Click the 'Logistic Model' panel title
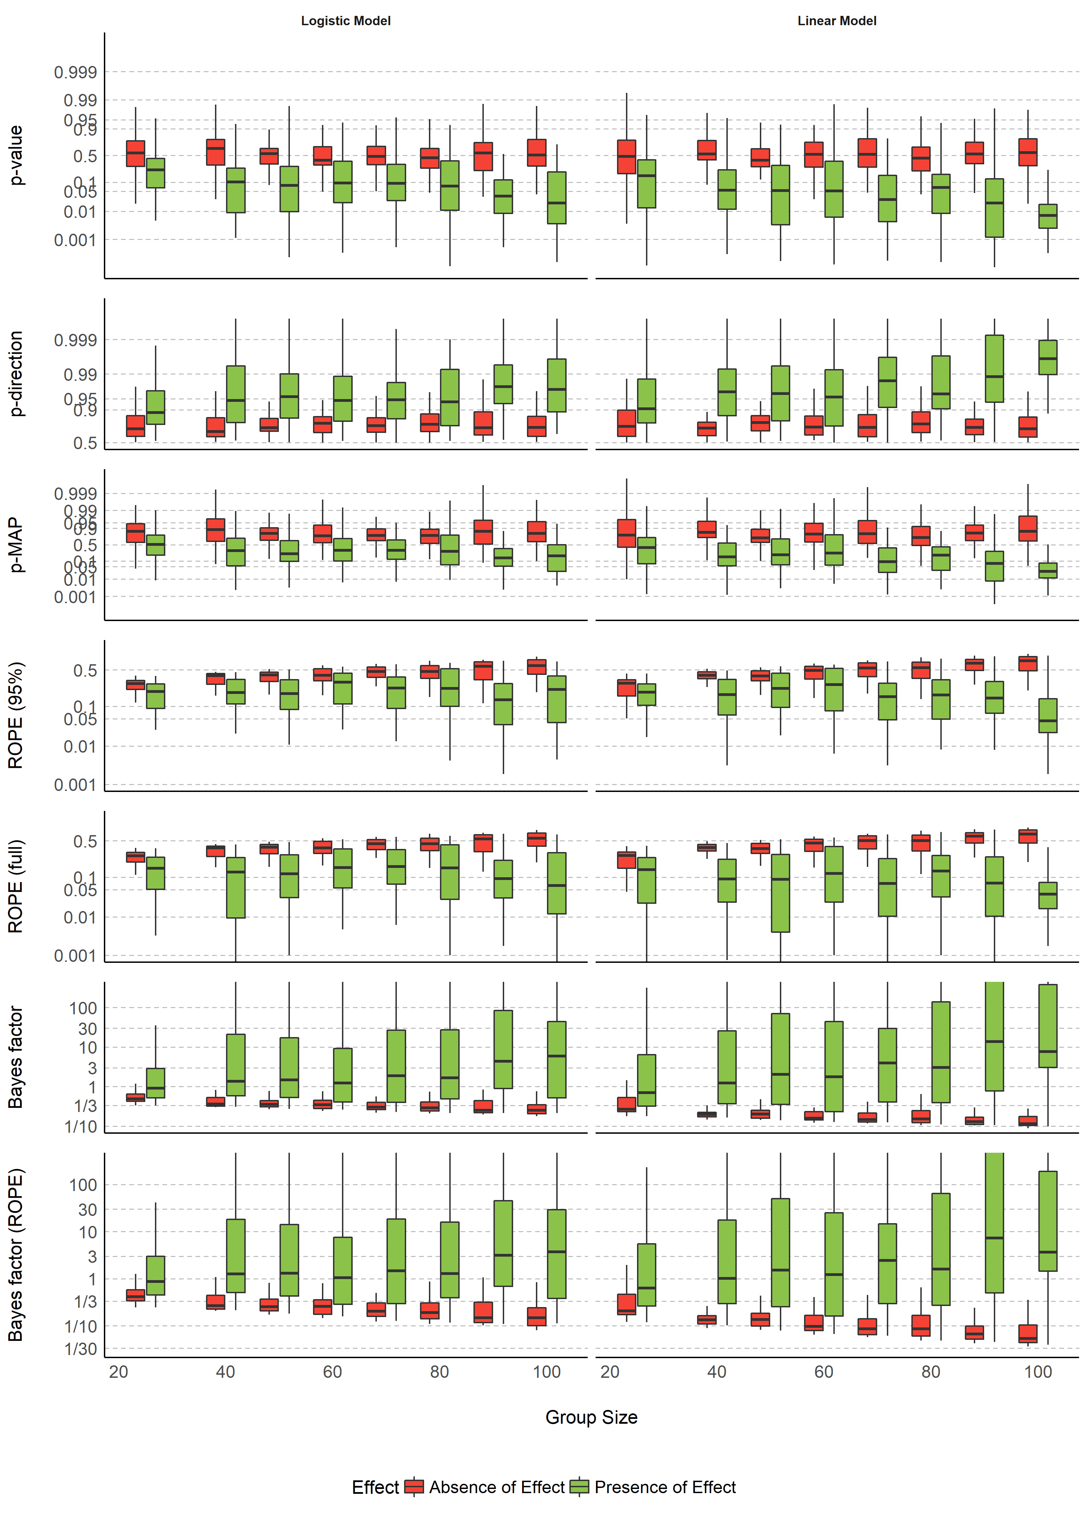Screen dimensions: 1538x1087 tap(345, 21)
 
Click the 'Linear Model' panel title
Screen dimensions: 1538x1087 tap(836, 21)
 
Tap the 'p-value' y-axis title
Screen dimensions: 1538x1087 tap(16, 155)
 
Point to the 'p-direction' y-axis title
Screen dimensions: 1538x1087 tap(16, 374)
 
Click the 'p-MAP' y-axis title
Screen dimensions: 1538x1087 tap(16, 544)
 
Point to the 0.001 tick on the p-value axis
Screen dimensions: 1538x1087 tap(75, 240)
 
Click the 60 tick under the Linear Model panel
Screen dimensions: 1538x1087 tap(824, 1372)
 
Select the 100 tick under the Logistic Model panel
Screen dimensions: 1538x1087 tap(547, 1372)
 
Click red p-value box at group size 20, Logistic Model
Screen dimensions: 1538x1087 tap(135, 153)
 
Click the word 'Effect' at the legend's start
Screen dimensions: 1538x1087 tap(375, 1487)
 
